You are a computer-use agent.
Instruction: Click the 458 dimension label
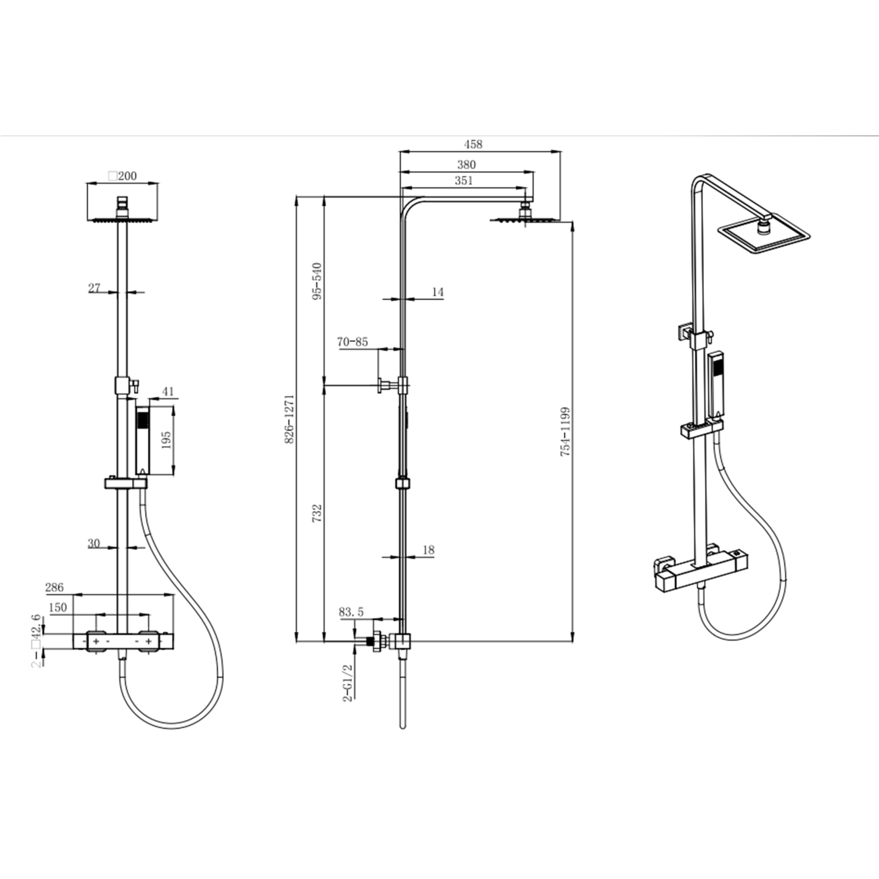pos(473,144)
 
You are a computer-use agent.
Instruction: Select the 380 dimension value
pos(466,165)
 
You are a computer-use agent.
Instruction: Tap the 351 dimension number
pos(464,180)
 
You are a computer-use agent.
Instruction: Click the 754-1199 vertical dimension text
pos(565,432)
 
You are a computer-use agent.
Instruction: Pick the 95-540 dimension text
pos(317,281)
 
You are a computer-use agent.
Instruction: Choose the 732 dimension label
pos(317,514)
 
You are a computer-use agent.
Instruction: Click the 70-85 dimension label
pos(352,342)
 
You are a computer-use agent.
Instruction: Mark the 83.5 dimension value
pos(351,612)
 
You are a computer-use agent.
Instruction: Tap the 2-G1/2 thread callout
pos(349,683)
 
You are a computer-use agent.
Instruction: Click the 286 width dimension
pos(54,588)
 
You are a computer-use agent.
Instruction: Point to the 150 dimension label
pos(57,608)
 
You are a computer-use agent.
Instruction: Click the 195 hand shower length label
pos(166,440)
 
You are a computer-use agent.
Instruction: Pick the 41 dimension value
pos(168,391)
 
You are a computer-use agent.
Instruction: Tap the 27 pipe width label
pos(94,288)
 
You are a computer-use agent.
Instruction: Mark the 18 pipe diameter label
pos(428,550)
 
